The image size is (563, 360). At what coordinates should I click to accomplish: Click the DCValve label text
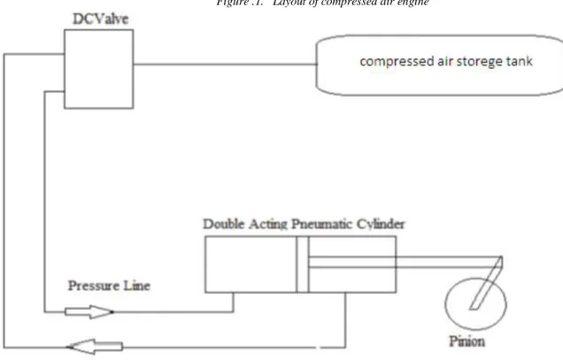[x=101, y=19]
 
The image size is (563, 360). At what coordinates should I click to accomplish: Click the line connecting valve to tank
[x=225, y=65]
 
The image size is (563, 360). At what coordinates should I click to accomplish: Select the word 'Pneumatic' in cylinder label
[x=321, y=224]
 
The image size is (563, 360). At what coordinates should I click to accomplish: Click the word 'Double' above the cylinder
[x=224, y=224]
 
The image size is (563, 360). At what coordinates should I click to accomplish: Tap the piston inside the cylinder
[x=303, y=264]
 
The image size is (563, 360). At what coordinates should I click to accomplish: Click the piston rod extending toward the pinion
[x=405, y=262]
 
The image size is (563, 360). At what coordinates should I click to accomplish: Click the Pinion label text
[x=467, y=341]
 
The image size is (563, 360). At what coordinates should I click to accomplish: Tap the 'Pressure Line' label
[x=109, y=286]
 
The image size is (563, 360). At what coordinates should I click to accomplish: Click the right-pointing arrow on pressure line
[x=89, y=312]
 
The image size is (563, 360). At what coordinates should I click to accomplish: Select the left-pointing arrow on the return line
[x=95, y=347]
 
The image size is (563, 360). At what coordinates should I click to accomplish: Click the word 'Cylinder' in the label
[x=381, y=224]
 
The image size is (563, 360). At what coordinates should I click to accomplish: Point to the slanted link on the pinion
[x=486, y=282]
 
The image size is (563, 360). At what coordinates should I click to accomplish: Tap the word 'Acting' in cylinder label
[x=268, y=225]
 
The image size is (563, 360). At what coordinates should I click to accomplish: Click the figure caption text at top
[x=322, y=3]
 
